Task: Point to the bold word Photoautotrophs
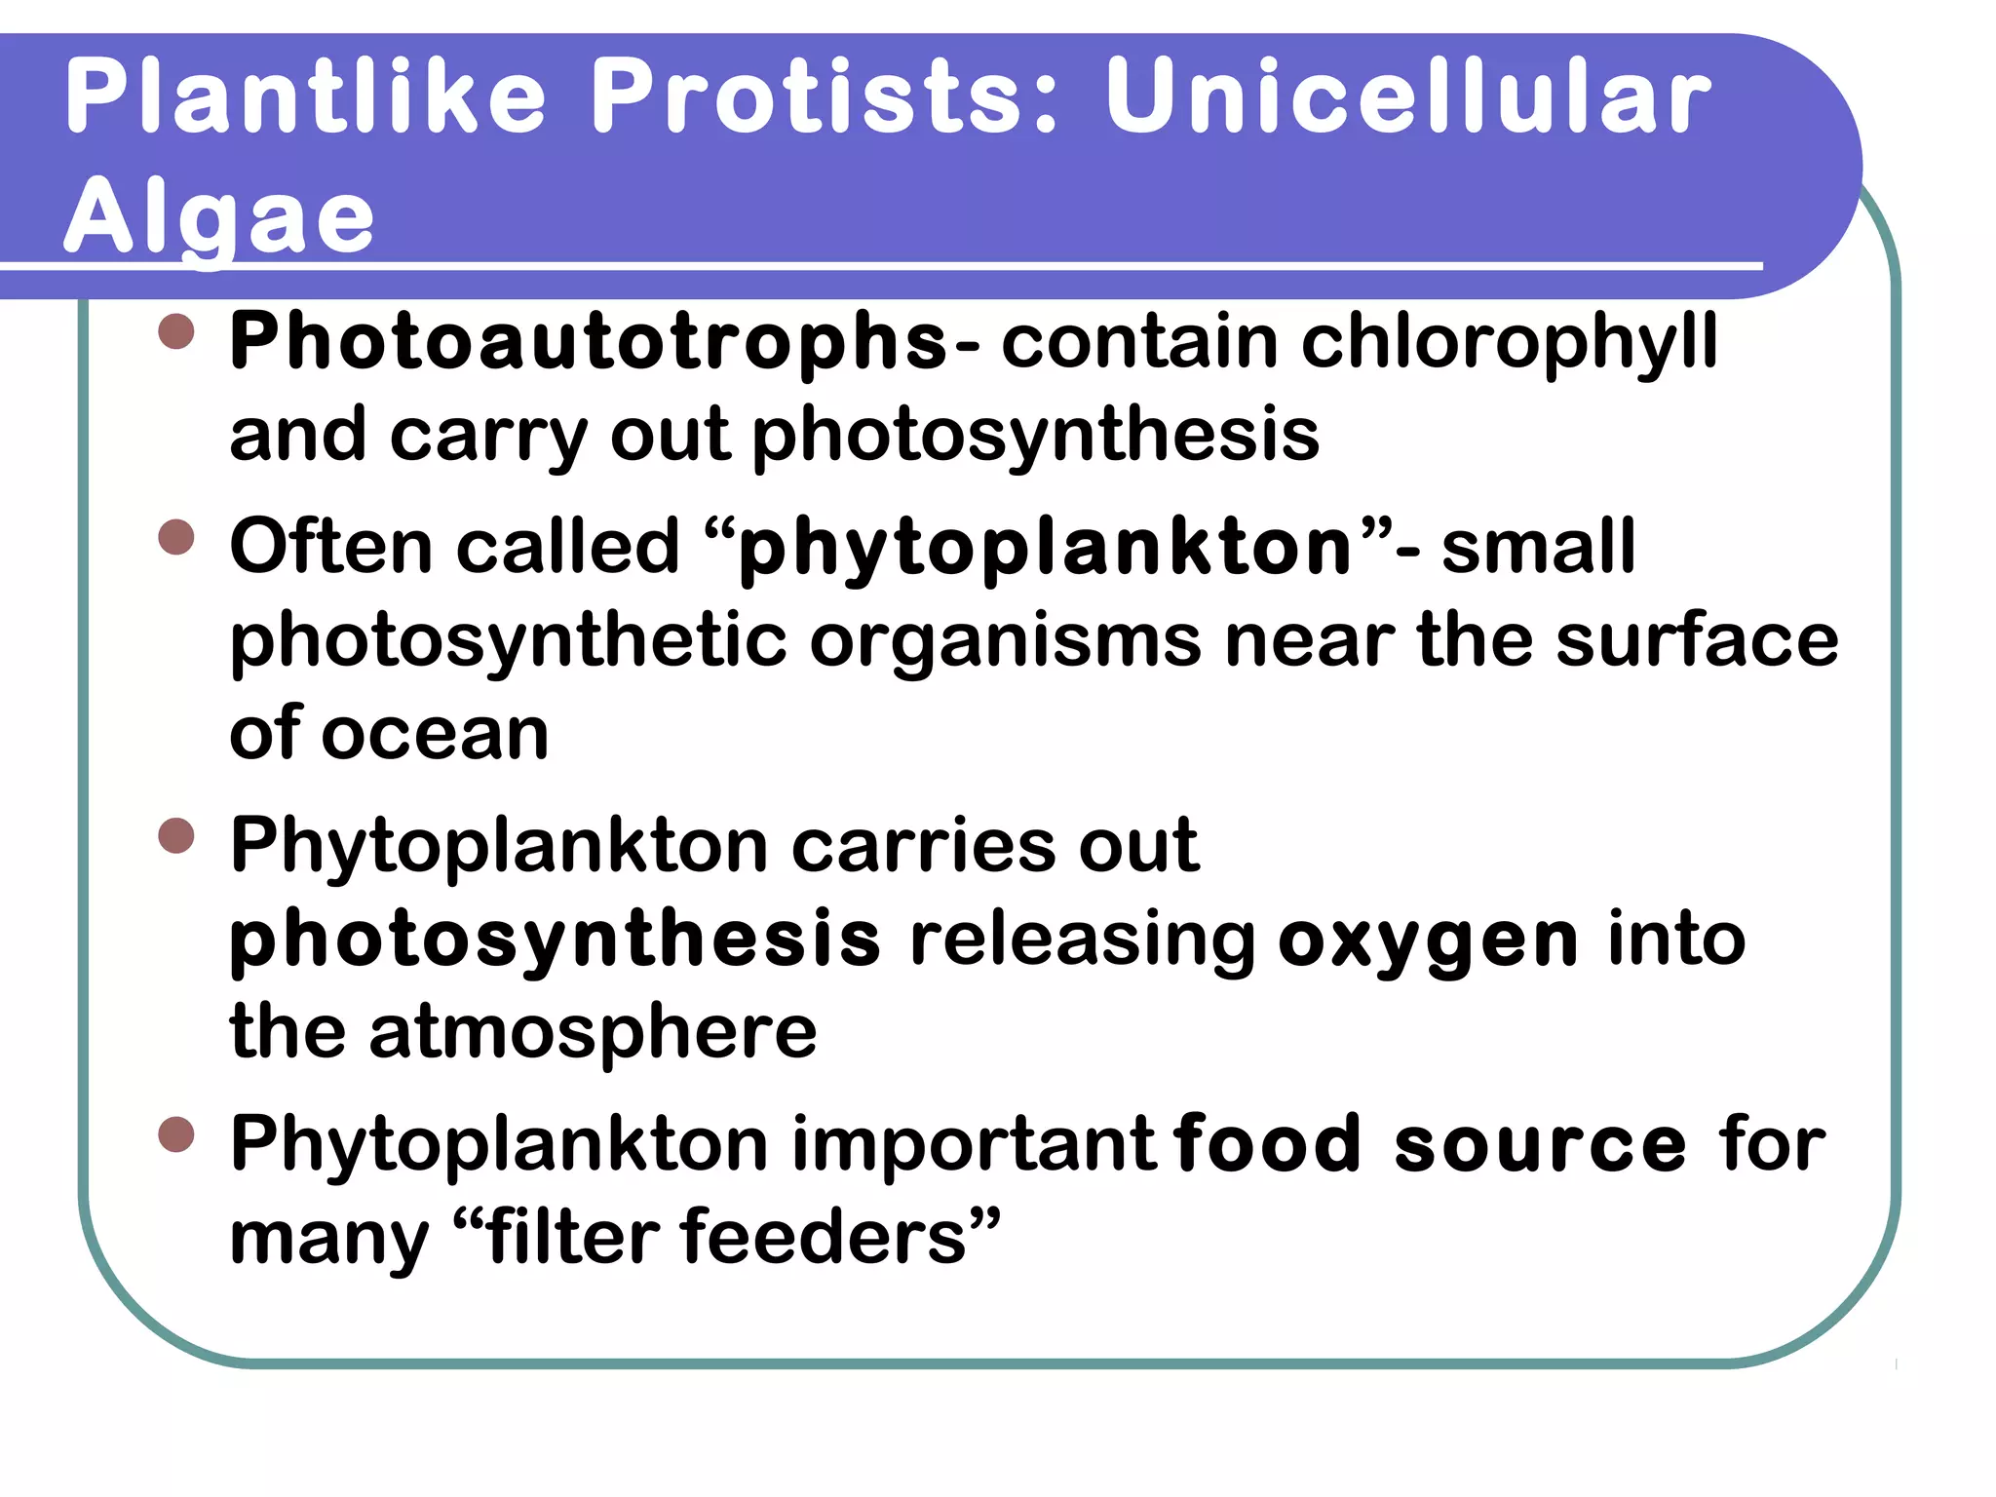tap(588, 343)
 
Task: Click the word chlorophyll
tap(1509, 343)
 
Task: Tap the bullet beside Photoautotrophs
tap(176, 331)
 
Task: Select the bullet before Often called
tap(176, 536)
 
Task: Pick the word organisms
tap(1006, 641)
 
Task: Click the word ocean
tap(436, 734)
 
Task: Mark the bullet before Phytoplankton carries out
tap(176, 835)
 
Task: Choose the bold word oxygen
tap(1428, 941)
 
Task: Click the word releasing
tap(1082, 941)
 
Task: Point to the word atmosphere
tap(593, 1032)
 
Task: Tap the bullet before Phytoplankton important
tap(176, 1134)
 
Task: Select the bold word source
tap(1540, 1145)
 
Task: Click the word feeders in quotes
tap(824, 1238)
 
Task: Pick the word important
tap(974, 1145)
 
